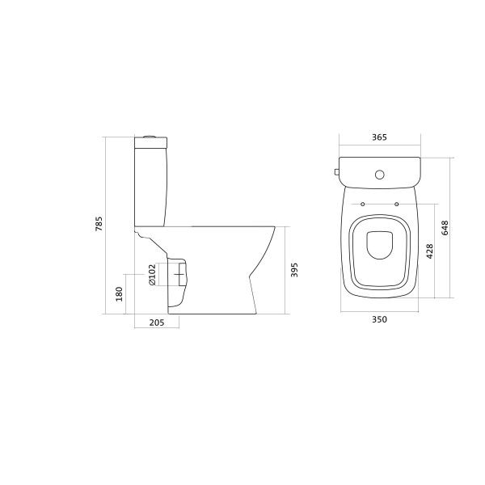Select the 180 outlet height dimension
(119, 293)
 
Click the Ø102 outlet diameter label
(151, 275)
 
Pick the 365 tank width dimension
(379, 138)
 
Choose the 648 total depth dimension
(445, 227)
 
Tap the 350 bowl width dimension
(379, 320)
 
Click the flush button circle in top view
(379, 174)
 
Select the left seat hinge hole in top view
(363, 203)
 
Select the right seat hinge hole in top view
(396, 203)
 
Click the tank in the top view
(379, 170)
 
